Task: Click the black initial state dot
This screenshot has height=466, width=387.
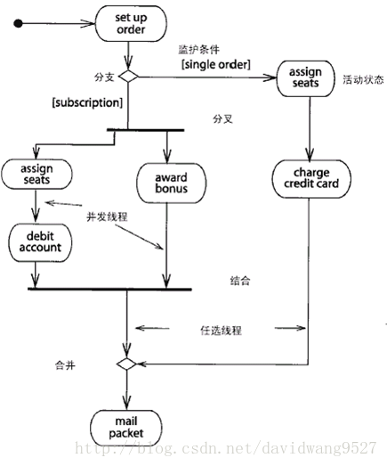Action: click(x=19, y=23)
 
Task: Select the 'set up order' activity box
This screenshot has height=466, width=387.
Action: click(x=131, y=23)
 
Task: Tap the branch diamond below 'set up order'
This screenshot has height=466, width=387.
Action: click(x=128, y=77)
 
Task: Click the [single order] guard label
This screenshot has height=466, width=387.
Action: click(x=216, y=64)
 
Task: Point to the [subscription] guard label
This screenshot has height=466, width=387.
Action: click(x=87, y=102)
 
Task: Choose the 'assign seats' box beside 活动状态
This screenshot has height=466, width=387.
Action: click(x=305, y=78)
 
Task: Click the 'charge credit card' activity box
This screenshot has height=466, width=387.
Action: click(x=311, y=178)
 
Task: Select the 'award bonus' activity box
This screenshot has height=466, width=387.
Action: click(x=171, y=183)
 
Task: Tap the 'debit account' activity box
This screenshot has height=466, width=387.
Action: click(x=40, y=242)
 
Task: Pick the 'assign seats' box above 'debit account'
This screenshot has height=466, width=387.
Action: click(x=36, y=174)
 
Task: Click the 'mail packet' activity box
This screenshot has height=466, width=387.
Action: click(x=126, y=428)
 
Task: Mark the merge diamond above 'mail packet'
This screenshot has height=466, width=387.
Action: click(x=126, y=364)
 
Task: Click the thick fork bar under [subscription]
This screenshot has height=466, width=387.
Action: click(x=145, y=130)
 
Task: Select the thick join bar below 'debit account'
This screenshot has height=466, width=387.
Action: click(x=109, y=289)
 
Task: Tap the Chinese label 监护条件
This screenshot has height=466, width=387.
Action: click(x=199, y=49)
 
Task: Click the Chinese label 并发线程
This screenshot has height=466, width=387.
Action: click(x=107, y=217)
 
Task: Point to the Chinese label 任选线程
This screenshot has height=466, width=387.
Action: click(x=222, y=331)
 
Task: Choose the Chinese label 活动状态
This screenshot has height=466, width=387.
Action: click(x=363, y=79)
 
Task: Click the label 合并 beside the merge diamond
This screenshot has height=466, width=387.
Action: click(x=65, y=365)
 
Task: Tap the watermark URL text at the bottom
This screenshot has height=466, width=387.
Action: click(x=226, y=448)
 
